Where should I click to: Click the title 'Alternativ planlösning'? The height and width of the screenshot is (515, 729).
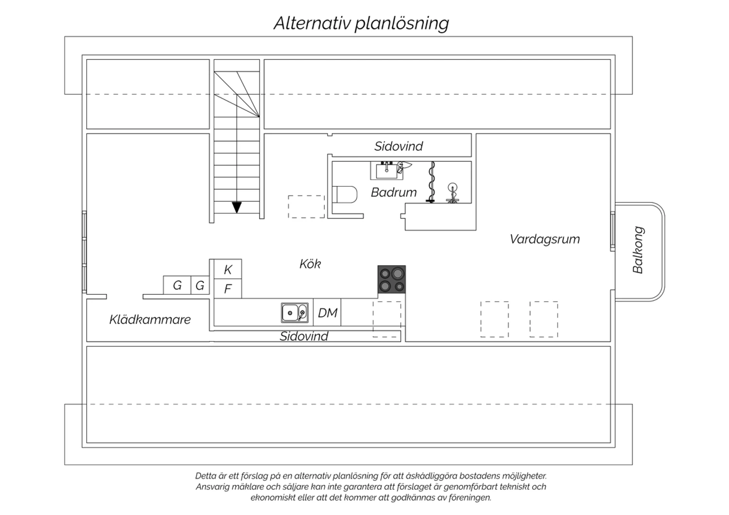[361, 23]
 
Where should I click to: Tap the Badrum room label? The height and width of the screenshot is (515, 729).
[394, 192]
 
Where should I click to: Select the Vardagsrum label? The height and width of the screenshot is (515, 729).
[545, 239]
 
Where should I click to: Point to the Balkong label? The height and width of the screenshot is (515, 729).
[638, 250]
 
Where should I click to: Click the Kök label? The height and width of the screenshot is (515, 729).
[310, 264]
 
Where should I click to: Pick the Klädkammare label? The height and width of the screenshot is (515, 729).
[150, 320]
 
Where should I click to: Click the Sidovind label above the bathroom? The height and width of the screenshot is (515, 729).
[399, 146]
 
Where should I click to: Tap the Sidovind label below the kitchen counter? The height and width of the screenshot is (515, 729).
[304, 336]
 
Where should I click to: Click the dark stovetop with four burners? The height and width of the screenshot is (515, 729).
[392, 279]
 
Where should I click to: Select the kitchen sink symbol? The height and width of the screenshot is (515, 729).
[295, 313]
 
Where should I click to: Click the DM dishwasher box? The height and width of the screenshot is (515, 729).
[327, 312]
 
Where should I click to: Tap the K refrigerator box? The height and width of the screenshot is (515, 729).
[228, 269]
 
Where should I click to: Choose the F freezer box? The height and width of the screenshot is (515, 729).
[228, 289]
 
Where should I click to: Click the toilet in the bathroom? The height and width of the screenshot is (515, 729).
[345, 194]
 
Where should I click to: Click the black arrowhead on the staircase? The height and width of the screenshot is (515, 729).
[237, 207]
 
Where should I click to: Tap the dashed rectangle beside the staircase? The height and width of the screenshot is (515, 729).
[306, 206]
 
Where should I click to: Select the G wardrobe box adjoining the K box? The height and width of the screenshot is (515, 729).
[200, 285]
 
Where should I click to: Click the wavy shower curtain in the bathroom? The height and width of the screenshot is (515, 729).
[431, 182]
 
